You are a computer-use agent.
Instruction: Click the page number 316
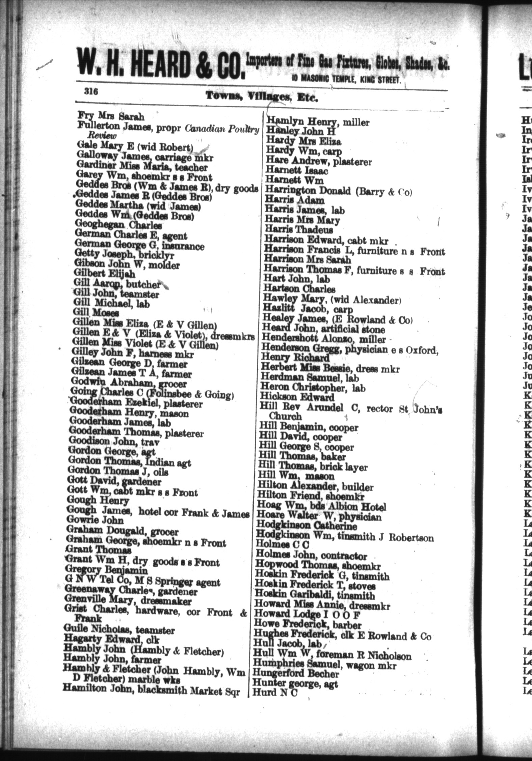(x=91, y=92)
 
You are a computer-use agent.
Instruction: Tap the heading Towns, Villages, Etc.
(x=262, y=97)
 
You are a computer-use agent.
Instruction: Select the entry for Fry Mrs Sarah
(x=111, y=116)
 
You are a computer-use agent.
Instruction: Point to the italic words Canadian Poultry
(x=222, y=129)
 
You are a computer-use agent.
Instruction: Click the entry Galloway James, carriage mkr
(x=145, y=157)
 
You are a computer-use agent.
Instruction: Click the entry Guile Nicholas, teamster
(x=119, y=630)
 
